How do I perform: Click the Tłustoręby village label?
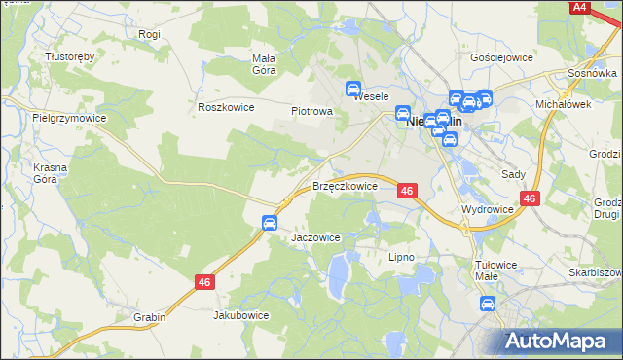[x=70, y=56]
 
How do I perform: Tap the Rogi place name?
[x=149, y=34]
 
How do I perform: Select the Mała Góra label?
[x=264, y=63]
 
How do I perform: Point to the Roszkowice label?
[x=225, y=107]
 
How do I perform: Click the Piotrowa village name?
[x=312, y=111]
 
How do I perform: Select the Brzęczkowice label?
[x=345, y=186]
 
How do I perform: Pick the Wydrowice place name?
[x=488, y=209]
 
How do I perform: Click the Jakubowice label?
[x=240, y=315]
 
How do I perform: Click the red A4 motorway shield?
[x=580, y=7]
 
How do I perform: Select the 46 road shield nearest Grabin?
[x=203, y=282]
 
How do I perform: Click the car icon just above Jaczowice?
[x=269, y=223]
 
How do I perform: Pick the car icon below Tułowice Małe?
[x=489, y=303]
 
